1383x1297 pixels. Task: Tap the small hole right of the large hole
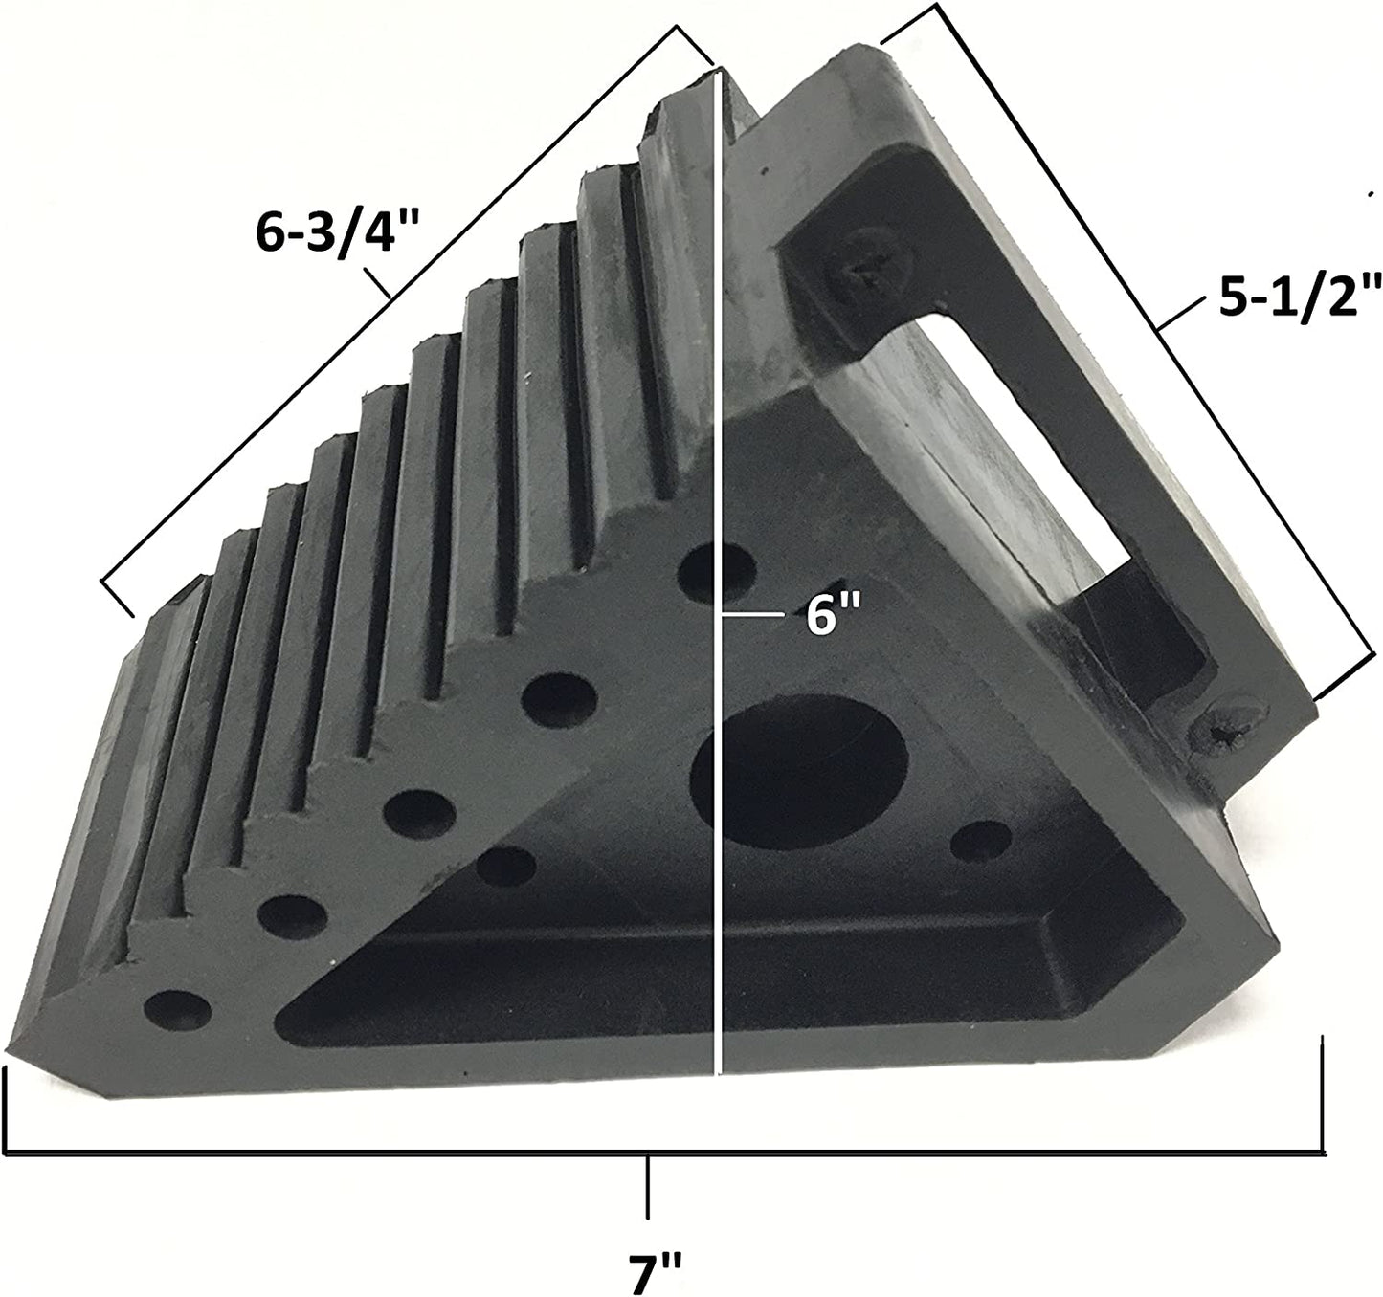tap(980, 841)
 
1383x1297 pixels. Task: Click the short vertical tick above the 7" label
tap(649, 1186)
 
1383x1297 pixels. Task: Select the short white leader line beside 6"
tap(756, 618)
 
